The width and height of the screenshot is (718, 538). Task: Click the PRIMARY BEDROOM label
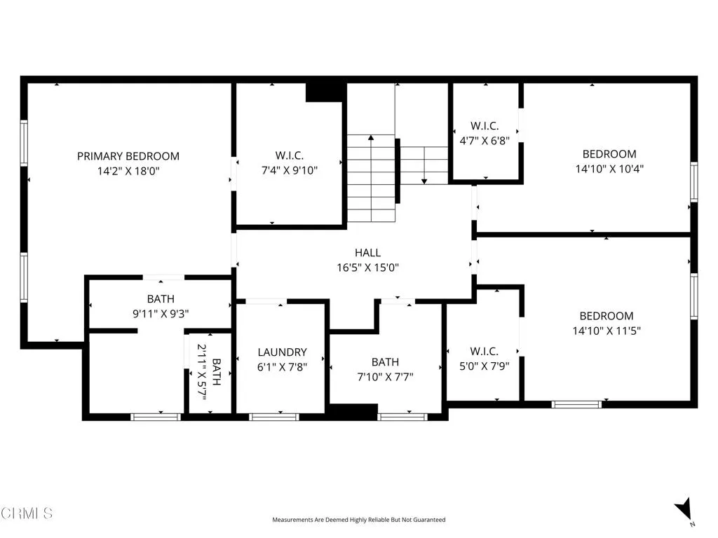(x=128, y=156)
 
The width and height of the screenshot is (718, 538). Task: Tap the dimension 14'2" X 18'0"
(x=128, y=170)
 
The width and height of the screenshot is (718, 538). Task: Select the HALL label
(x=367, y=253)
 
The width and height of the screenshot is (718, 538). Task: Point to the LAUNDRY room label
(x=282, y=352)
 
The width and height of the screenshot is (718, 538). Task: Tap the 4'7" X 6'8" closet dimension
(x=485, y=139)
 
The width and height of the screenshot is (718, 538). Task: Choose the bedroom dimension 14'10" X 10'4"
(x=609, y=168)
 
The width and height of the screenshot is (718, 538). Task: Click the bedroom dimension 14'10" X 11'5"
(x=607, y=330)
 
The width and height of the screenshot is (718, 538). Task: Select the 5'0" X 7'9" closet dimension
(x=484, y=365)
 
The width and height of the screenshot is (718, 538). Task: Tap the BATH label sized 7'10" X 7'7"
(x=385, y=362)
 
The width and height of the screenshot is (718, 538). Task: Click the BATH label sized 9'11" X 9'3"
(x=161, y=299)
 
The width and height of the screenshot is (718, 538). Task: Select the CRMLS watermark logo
(x=27, y=513)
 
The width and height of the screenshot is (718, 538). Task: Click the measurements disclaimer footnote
(x=358, y=520)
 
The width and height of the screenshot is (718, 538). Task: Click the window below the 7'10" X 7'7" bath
(x=402, y=417)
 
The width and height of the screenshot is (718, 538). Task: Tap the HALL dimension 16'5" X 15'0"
(x=367, y=267)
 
